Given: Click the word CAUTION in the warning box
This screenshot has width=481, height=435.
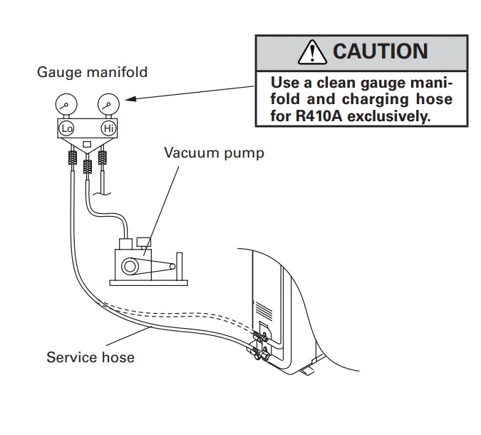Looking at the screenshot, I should (380, 51).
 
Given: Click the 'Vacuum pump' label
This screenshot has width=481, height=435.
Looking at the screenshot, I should (214, 153).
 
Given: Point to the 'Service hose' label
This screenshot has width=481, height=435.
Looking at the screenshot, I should (90, 357).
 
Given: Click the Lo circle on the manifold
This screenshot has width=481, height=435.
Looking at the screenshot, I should (67, 128).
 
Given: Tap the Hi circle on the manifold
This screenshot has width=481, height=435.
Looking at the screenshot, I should (108, 128).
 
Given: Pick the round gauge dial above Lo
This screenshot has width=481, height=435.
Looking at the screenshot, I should (66, 104).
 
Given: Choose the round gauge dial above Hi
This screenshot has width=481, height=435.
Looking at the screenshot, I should (108, 104).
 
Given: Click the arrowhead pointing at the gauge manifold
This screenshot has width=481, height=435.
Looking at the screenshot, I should (133, 99).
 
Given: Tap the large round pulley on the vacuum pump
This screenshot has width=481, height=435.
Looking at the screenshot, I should (132, 267).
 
